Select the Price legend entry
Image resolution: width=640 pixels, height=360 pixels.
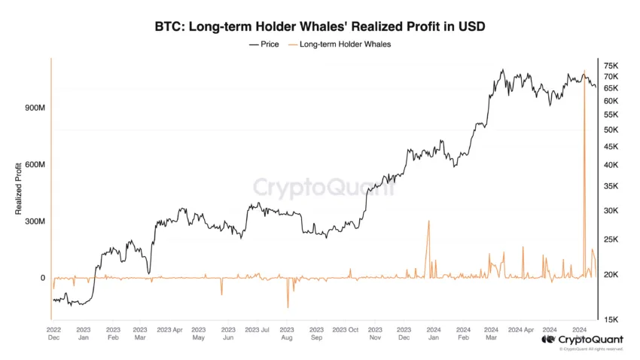[x=264, y=44]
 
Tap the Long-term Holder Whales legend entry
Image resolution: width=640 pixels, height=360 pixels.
[x=340, y=44]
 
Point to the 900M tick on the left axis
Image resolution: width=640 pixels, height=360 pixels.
[x=35, y=108]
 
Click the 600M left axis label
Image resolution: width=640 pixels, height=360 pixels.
[x=35, y=164]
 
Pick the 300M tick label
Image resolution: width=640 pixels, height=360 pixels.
[x=35, y=221]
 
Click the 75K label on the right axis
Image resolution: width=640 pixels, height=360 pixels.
[x=611, y=66]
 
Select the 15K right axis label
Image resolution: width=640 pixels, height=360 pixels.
[x=611, y=319]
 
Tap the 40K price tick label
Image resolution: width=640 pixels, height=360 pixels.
[x=611, y=165]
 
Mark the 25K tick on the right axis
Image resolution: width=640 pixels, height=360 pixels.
[x=611, y=239]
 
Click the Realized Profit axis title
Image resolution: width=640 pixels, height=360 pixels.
[x=18, y=188]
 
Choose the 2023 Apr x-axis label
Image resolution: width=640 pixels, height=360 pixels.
[x=170, y=330]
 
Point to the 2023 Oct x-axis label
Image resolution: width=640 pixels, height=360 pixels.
[x=346, y=330]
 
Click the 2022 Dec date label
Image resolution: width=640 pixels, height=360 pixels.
[x=54, y=334]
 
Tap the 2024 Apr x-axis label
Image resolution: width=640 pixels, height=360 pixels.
[x=521, y=330]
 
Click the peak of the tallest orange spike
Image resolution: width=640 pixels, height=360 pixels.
[x=584, y=71]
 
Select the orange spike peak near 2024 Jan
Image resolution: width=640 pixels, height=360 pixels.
[x=428, y=221]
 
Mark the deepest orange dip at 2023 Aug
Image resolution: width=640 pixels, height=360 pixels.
[x=288, y=308]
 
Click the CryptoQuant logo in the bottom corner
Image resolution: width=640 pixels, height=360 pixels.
[x=583, y=340]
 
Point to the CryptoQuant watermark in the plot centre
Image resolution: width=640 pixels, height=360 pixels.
[x=324, y=188]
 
